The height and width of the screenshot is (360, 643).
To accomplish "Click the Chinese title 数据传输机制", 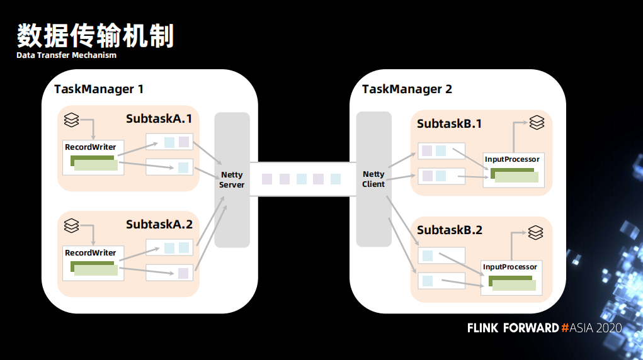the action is click(96, 36).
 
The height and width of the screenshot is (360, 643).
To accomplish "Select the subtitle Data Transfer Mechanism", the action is click(66, 55).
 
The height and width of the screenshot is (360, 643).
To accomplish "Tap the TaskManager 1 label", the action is click(99, 89).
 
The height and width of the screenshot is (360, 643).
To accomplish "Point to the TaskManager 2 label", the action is click(407, 89).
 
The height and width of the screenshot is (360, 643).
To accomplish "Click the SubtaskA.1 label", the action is click(159, 118).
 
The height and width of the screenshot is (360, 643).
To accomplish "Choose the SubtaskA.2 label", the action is click(159, 224).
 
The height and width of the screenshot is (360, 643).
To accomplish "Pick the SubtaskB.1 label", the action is click(450, 123).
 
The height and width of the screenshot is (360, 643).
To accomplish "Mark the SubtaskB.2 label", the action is click(450, 230).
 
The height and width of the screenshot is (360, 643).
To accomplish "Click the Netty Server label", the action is click(232, 179).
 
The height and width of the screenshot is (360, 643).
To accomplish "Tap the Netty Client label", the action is click(373, 179).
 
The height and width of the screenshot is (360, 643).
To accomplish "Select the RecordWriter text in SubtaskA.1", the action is click(90, 147).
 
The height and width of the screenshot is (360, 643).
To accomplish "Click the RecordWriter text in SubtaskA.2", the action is click(90, 252).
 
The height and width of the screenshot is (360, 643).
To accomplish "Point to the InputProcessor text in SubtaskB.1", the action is click(512, 159).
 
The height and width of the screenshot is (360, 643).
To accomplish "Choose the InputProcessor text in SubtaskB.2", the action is click(509, 267).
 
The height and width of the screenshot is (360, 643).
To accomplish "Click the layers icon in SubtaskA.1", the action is click(71, 120).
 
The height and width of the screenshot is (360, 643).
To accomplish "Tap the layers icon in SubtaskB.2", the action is click(535, 232).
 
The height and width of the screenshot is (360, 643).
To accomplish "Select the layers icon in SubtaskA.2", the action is click(71, 225).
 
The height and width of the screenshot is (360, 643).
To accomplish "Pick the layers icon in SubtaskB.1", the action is click(537, 122).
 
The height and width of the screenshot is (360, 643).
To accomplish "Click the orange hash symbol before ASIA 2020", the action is click(565, 328).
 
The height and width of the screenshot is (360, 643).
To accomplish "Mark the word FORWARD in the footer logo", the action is click(531, 328).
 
